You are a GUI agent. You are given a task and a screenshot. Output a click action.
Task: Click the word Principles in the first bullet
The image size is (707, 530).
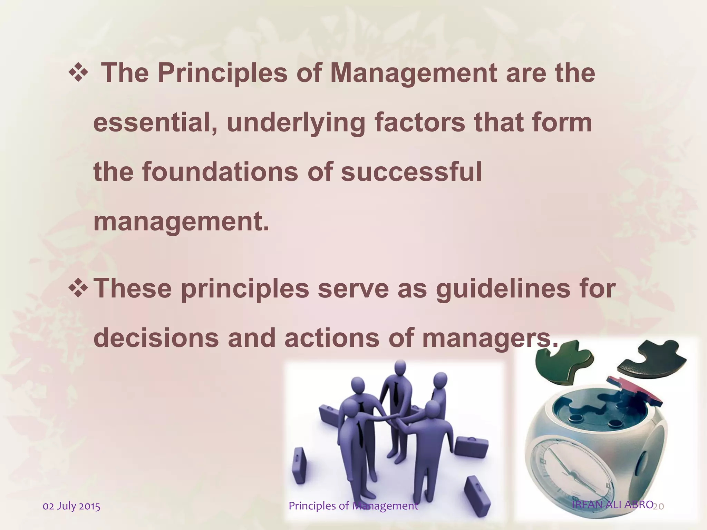(x=223, y=73)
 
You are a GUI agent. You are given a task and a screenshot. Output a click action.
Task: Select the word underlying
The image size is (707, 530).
(x=296, y=124)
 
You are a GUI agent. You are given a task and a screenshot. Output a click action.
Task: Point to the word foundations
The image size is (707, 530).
(x=220, y=172)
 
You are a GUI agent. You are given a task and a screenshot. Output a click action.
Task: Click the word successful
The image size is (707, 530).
(x=411, y=172)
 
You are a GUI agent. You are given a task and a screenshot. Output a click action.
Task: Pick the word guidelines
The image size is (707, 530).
(x=503, y=289)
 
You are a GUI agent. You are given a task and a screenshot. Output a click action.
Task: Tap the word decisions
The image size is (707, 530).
(x=156, y=338)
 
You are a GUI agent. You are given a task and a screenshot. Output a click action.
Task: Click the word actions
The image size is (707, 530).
(x=332, y=338)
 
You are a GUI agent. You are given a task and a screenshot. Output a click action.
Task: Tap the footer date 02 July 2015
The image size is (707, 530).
(x=71, y=506)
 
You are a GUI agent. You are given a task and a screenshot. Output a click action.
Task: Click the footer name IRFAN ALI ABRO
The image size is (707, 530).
(x=612, y=504)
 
